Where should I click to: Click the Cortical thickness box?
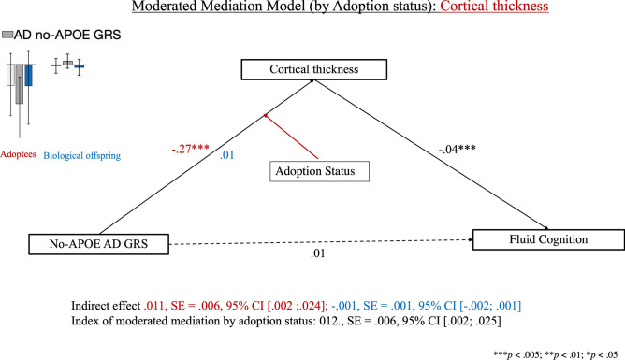point(312,69)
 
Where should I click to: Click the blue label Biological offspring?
point(82,156)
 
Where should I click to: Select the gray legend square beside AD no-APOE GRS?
point(7,35)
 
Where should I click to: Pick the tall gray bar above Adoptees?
point(19,84)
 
